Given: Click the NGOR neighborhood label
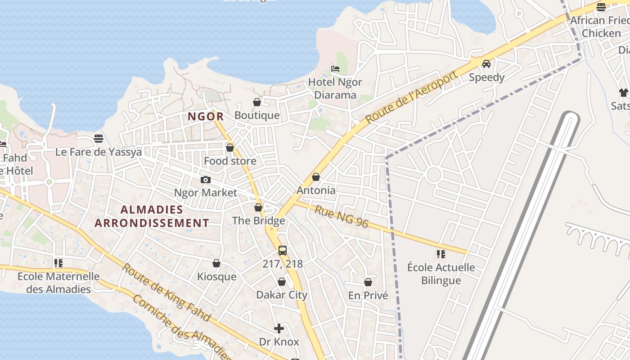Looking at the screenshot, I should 205,117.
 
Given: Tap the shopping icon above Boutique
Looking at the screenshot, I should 257,103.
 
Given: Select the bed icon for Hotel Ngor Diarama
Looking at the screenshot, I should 335,69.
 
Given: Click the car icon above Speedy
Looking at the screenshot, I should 486,64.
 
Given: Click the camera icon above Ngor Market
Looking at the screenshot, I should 206,180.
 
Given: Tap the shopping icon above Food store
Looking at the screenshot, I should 230,148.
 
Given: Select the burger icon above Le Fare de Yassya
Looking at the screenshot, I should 99,138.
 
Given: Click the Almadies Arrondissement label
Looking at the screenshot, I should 152,216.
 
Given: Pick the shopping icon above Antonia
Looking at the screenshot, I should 316,177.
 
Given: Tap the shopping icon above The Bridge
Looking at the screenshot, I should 258,207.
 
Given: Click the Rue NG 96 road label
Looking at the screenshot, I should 342,216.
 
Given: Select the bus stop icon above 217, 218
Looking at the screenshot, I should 283,251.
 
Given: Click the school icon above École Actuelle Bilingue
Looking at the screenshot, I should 441,254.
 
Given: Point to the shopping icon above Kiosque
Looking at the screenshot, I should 216,263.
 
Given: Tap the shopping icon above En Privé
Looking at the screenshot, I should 368,282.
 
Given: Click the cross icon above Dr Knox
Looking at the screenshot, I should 279,328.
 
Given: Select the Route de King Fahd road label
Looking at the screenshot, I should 166,292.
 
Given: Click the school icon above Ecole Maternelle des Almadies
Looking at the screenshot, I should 58,263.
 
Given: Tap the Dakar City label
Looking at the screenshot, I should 282,295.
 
